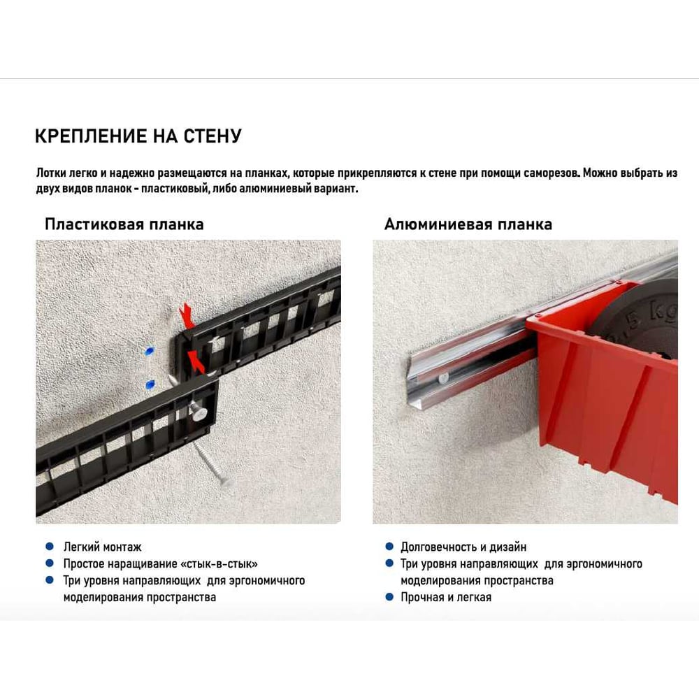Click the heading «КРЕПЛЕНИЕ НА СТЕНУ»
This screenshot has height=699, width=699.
(x=138, y=136)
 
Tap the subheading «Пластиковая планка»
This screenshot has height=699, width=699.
(x=124, y=224)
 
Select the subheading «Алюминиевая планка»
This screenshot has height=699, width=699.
(x=468, y=224)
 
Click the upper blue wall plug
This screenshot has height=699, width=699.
(x=150, y=351)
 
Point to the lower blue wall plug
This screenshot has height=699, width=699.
(x=151, y=384)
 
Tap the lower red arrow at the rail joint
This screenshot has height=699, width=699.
(x=196, y=361)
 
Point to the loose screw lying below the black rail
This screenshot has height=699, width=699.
(x=211, y=463)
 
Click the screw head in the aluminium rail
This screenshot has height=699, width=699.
(x=445, y=379)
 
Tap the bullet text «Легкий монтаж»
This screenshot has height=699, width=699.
(x=102, y=547)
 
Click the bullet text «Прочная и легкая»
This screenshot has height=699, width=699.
(x=446, y=598)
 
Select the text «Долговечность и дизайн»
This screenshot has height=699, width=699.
(x=463, y=547)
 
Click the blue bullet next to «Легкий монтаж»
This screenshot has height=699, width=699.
(x=50, y=546)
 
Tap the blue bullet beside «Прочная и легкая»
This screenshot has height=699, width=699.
(x=389, y=596)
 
